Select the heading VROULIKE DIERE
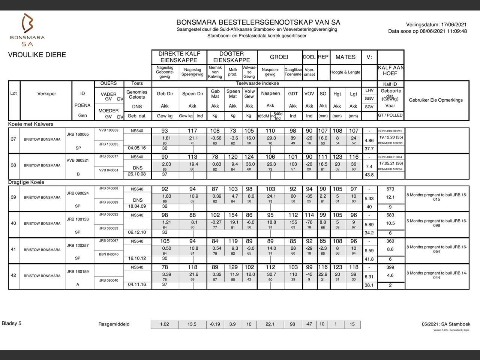pos(37,55)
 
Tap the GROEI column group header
pos(279,57)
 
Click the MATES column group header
pos(345,57)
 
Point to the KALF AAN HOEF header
pos(390,70)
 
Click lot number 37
pos(13,139)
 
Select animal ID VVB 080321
pos(78,160)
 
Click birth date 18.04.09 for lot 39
pos(137,206)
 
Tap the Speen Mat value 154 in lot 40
pos(233,215)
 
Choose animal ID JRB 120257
pos(78,246)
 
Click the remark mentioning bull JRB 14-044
pos(436,275)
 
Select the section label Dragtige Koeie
pos(26,182)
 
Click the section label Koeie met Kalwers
pos(31,124)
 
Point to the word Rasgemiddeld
pos(114,324)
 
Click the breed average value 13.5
pos(192,324)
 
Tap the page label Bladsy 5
pos(12,323)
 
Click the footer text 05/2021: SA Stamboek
pos(445,324)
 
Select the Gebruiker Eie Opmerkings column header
pos(436,100)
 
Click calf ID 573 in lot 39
pos(390,189)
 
